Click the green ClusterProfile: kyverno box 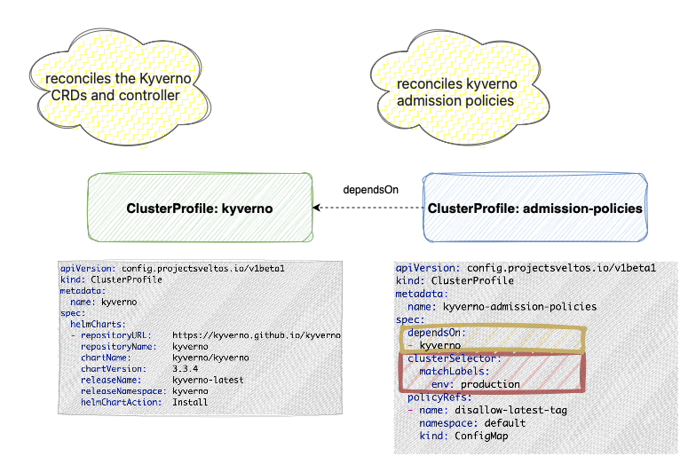[201, 208]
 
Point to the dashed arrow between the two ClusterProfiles [368, 208]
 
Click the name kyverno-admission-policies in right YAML [520, 306]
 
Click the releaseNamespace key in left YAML [121, 390]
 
